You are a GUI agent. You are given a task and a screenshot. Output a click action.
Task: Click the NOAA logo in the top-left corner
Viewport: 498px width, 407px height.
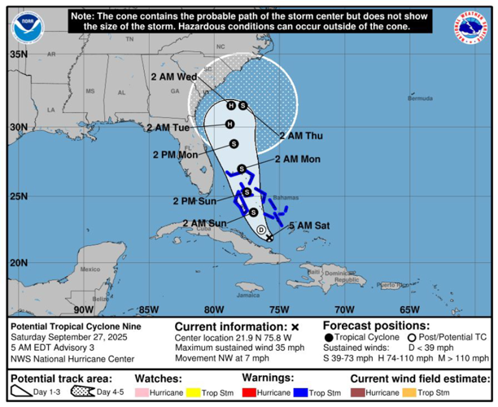[x=27, y=27]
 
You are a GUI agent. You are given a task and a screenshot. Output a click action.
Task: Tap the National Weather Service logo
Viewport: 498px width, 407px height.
[x=473, y=27]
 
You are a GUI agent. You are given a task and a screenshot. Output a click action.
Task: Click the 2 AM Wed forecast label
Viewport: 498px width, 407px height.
[x=174, y=77]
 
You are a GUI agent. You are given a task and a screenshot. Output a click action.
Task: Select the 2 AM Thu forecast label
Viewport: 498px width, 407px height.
[x=301, y=136]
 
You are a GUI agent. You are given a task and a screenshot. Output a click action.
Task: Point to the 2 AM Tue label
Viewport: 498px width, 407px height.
[x=168, y=128]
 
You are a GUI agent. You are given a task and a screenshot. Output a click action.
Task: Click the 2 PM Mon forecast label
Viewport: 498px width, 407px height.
[x=175, y=155]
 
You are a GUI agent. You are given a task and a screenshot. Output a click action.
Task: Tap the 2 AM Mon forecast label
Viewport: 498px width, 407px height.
[x=298, y=160]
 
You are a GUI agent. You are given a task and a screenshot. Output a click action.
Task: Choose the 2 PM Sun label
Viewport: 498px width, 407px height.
[x=194, y=201]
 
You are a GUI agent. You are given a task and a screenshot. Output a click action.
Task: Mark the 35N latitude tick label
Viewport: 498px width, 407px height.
[x=18, y=55]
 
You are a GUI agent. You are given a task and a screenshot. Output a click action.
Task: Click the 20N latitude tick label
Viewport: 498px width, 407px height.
[x=18, y=263]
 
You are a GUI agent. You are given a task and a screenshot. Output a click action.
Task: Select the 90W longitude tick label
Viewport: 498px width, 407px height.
[x=83, y=309]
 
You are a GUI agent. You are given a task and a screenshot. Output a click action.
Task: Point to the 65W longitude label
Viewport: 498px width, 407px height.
[x=409, y=309]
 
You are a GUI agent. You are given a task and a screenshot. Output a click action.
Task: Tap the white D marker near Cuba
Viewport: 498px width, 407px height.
[x=261, y=230]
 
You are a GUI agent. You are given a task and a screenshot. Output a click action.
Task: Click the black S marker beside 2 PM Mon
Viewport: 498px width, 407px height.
[x=234, y=144]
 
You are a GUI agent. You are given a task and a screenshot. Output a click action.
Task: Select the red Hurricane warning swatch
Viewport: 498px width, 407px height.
[x=250, y=393]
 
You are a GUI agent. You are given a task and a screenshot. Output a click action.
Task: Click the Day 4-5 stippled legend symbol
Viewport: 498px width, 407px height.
[x=84, y=393]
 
